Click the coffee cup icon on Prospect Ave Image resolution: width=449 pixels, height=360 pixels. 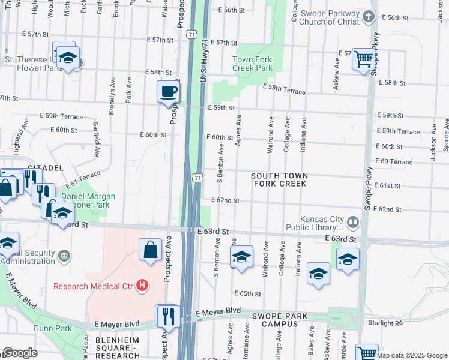point(168,92)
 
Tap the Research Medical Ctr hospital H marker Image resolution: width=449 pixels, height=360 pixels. point(142,285)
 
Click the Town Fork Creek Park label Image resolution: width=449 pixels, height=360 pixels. point(253,64)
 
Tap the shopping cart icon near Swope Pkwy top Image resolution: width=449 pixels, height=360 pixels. point(363,59)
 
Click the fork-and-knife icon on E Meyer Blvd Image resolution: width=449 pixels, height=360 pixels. point(167,314)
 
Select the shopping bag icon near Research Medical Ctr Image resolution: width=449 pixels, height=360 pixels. point(150,249)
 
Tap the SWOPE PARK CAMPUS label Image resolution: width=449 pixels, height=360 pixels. point(279,320)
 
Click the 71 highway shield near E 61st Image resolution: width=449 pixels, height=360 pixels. point(197,177)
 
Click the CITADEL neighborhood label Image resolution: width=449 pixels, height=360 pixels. point(45,167)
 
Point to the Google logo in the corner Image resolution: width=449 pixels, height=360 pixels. point(20,353)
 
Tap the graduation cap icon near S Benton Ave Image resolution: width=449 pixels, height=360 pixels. point(241,257)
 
